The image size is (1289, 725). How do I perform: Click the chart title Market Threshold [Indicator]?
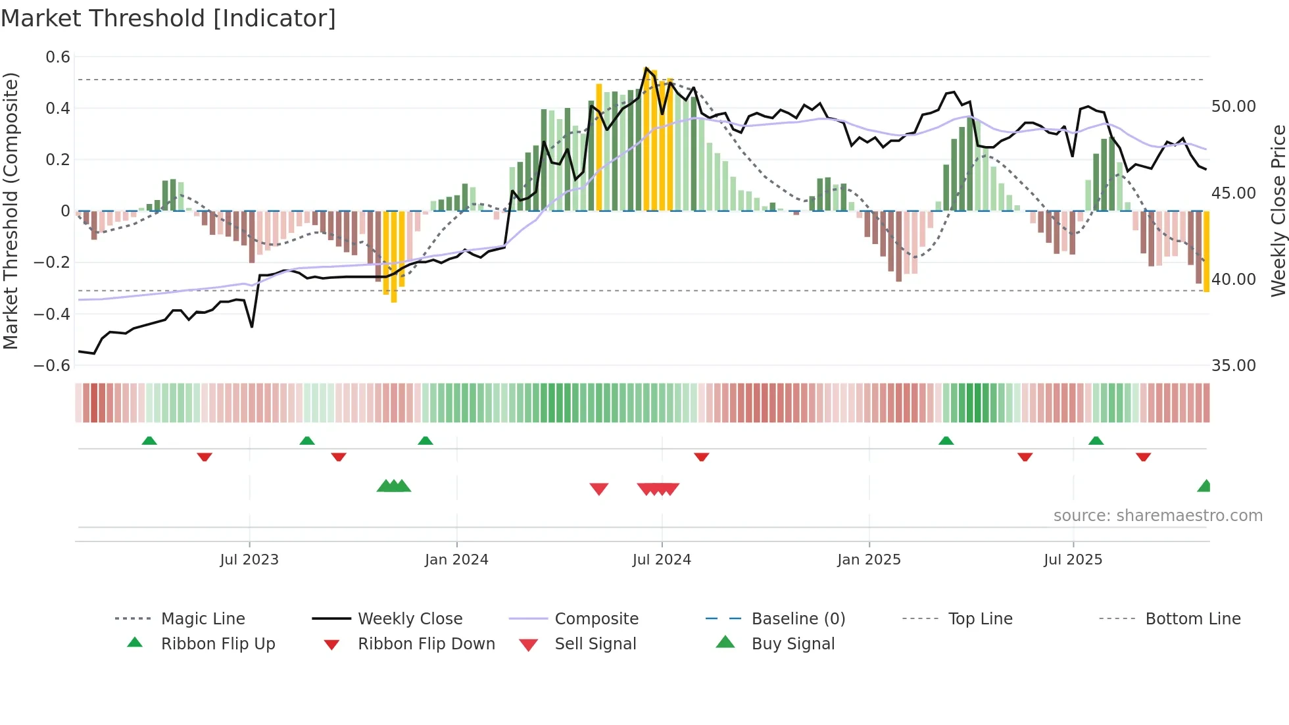point(168,18)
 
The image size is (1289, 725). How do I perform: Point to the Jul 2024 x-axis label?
point(662,560)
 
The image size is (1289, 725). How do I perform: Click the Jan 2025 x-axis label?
point(869,560)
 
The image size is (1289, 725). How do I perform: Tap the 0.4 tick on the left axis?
point(58,109)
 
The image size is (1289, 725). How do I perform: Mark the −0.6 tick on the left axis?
point(52,366)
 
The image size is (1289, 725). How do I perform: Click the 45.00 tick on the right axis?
point(1233,193)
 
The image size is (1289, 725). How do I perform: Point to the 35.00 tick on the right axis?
point(1233,366)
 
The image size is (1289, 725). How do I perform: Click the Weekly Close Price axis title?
point(1278,211)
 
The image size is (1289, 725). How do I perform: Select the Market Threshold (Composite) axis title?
point(11,211)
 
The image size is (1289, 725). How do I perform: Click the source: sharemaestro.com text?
point(1157,516)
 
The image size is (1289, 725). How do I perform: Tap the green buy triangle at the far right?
point(1204,487)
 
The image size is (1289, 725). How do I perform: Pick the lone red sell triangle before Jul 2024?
point(598,488)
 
